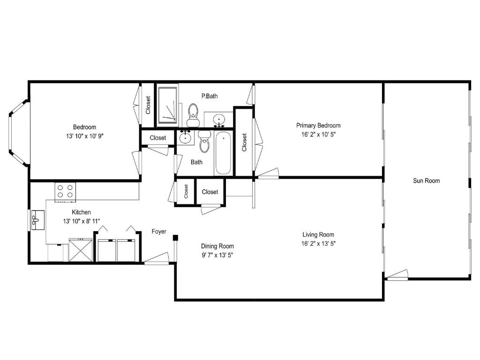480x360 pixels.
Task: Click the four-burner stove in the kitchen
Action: pyautogui.click(x=65, y=191)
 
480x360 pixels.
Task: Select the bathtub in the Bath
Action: pyautogui.click(x=223, y=153)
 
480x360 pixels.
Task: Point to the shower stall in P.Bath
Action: pyautogui.click(x=167, y=105)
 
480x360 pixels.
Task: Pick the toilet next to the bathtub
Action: pyautogui.click(x=204, y=142)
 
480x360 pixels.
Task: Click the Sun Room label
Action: pyautogui.click(x=426, y=180)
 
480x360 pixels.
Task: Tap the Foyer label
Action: pyautogui.click(x=159, y=232)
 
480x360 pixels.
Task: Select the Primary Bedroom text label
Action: pyautogui.click(x=318, y=126)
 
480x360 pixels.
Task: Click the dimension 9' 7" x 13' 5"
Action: pyautogui.click(x=217, y=255)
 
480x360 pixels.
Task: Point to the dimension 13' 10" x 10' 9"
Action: pyautogui.click(x=84, y=136)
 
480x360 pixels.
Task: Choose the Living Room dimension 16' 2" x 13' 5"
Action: pyautogui.click(x=318, y=243)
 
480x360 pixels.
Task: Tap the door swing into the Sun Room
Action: pyautogui.click(x=397, y=275)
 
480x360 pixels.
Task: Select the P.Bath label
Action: pyautogui.click(x=209, y=96)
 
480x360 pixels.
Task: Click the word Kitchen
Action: pyautogui.click(x=81, y=212)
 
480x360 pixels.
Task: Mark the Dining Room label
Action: pyautogui.click(x=217, y=246)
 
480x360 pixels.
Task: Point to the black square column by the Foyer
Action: pyautogui.click(x=175, y=238)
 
